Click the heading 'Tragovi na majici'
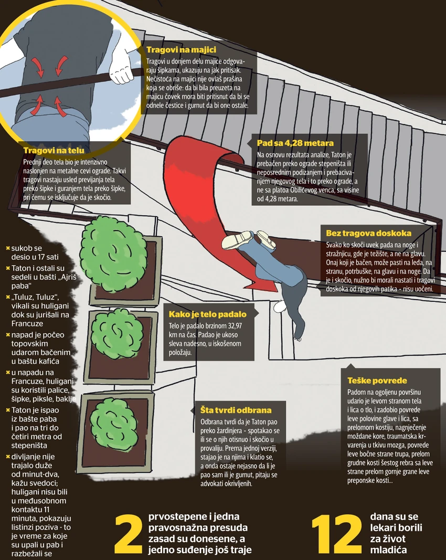click(x=181, y=50)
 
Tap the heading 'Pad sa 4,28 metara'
click(x=295, y=143)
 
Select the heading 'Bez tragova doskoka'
click(x=368, y=233)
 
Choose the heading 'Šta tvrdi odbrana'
click(x=236, y=410)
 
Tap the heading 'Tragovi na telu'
click(x=54, y=150)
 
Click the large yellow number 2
click(x=129, y=534)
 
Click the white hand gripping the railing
click(x=122, y=72)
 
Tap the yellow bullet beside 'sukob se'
click(x=8, y=248)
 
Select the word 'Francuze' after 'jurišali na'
click(x=27, y=324)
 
